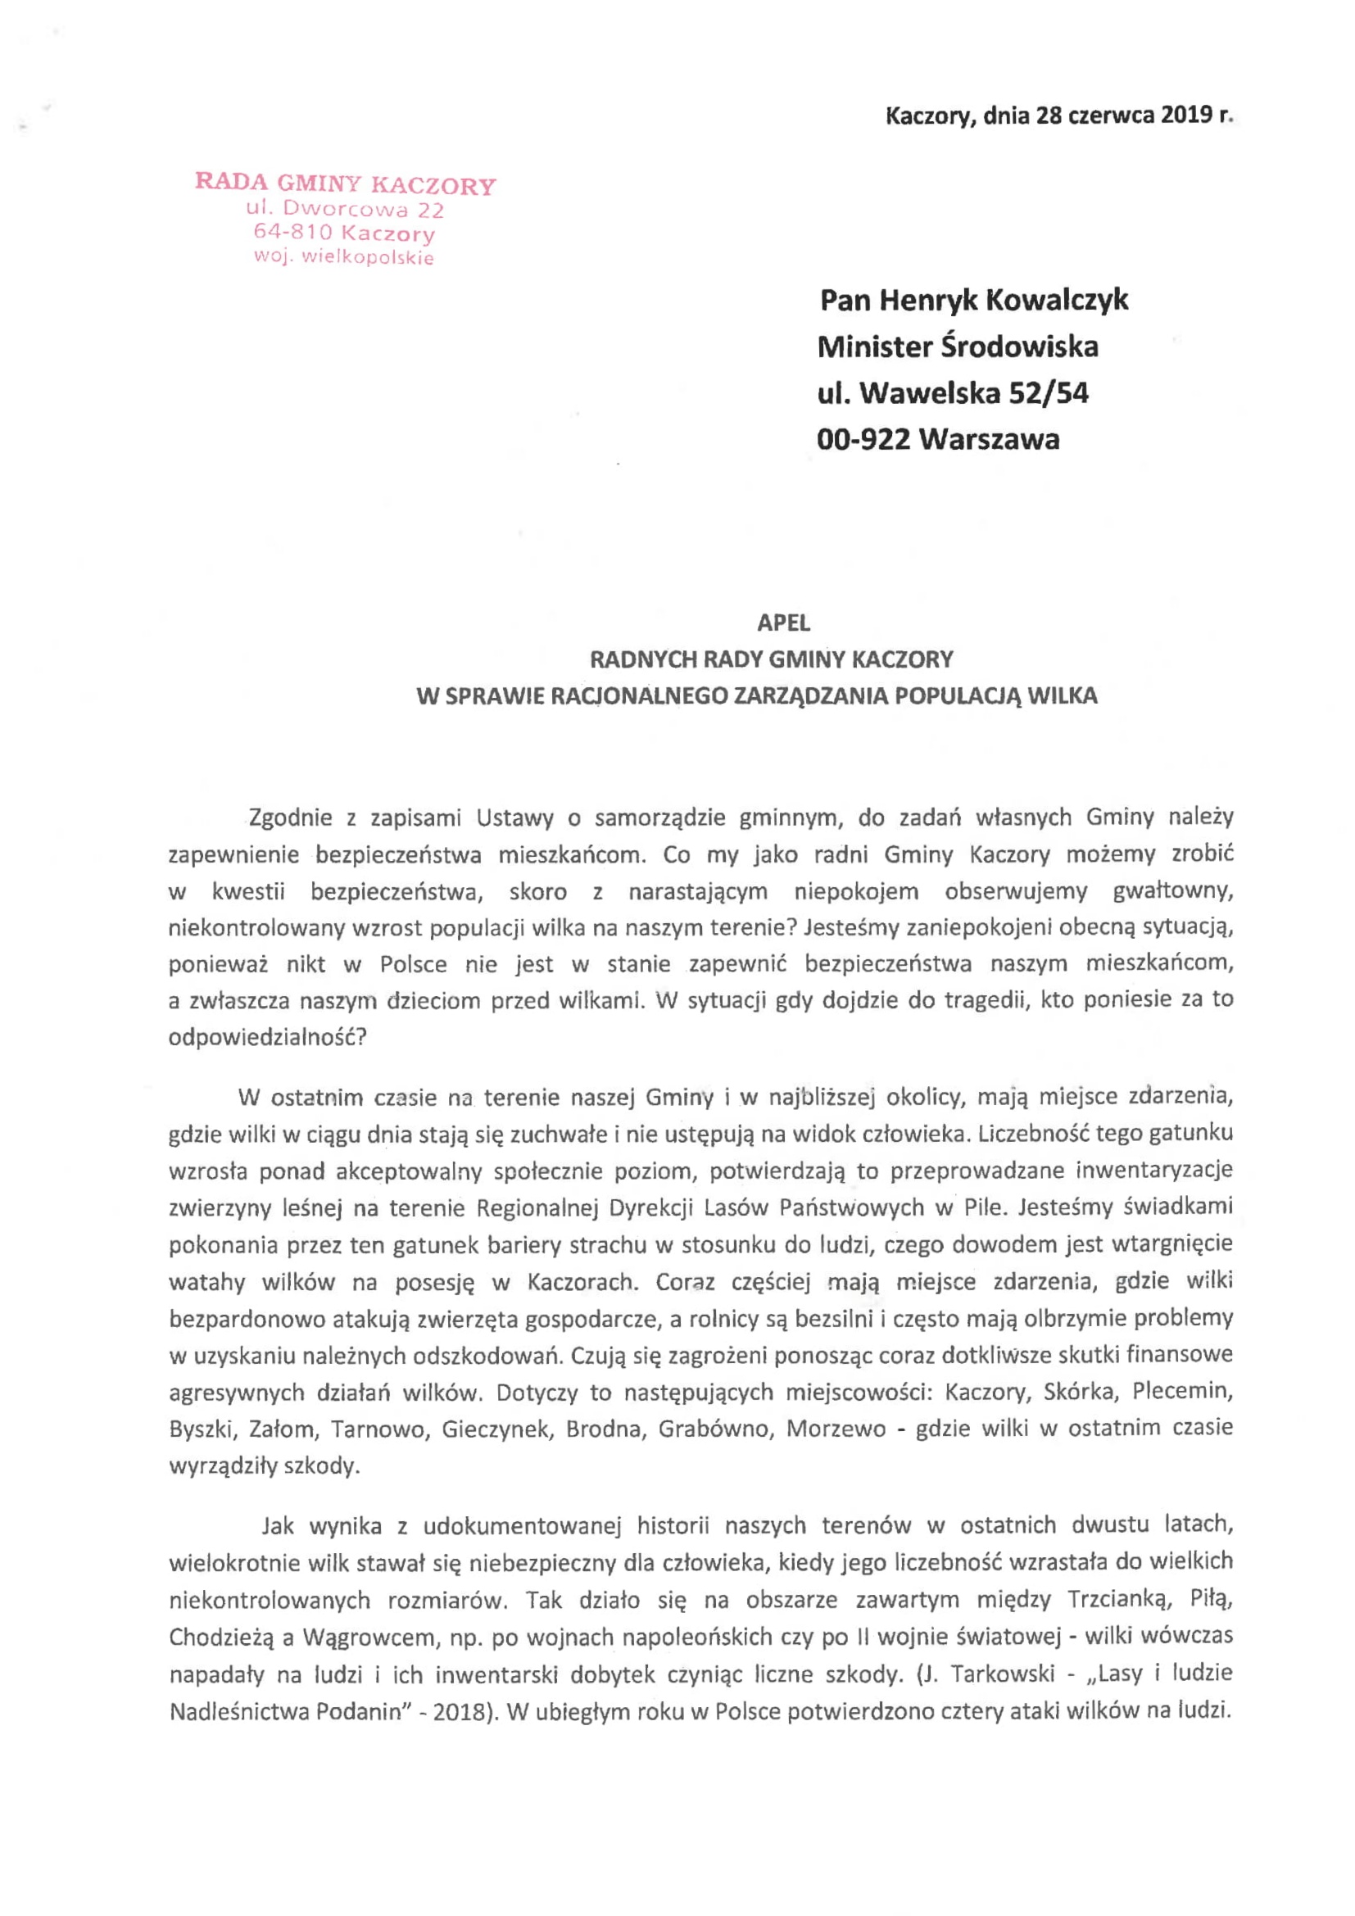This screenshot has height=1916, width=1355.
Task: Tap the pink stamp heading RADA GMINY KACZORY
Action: point(346,183)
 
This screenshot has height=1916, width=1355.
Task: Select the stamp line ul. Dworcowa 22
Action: point(345,209)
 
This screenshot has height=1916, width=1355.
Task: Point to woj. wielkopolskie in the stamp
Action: point(344,257)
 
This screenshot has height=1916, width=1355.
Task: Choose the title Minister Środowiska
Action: point(957,347)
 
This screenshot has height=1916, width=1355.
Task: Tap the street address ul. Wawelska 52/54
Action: point(953,392)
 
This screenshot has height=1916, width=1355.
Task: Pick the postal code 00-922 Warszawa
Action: point(938,439)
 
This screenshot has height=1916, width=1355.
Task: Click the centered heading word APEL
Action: point(782,623)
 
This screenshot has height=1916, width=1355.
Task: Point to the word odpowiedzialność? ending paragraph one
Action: point(267,1037)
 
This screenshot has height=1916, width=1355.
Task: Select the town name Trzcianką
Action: point(1117,1600)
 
